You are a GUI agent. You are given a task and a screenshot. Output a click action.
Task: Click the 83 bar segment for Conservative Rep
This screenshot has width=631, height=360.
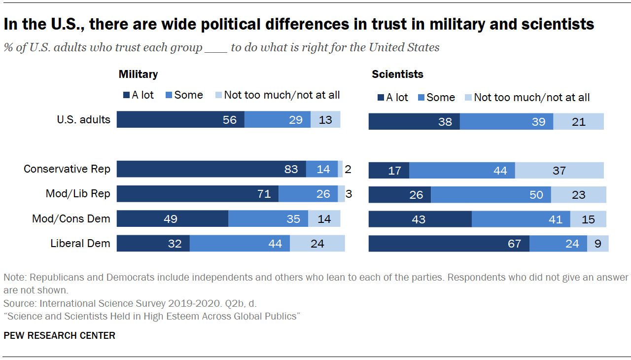click(x=211, y=169)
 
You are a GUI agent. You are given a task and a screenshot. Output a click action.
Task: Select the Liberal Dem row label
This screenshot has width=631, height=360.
click(x=80, y=243)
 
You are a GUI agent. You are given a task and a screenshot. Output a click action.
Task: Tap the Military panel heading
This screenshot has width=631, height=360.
click(x=138, y=74)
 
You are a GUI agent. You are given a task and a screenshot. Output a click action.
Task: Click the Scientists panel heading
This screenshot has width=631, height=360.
click(x=397, y=74)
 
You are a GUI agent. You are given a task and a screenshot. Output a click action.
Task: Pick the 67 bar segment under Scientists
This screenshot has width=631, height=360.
click(x=449, y=244)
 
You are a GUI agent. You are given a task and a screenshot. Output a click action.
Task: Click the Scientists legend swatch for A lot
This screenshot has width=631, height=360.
click(x=380, y=98)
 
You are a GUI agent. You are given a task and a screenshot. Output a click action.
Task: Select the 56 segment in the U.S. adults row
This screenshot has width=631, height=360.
click(x=180, y=120)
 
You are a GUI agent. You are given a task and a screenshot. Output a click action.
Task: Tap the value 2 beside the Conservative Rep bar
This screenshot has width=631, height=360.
click(x=348, y=169)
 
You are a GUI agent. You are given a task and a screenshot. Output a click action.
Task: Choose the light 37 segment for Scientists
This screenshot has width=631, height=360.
click(x=559, y=171)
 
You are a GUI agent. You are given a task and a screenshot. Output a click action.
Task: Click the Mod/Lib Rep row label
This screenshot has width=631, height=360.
click(x=78, y=194)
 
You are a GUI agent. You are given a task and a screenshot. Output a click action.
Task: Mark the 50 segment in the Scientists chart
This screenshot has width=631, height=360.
click(x=491, y=195)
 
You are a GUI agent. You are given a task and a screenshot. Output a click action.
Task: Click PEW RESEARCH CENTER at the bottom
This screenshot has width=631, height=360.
click(x=59, y=336)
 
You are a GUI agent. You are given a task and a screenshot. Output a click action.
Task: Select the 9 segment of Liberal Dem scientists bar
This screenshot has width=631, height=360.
click(x=597, y=244)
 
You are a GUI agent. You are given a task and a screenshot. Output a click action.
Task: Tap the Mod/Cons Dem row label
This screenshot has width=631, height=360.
click(x=71, y=218)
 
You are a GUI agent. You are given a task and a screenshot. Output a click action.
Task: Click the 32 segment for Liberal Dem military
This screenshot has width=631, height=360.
click(x=153, y=244)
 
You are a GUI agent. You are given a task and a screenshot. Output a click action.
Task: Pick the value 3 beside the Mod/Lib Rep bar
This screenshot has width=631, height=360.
click(x=349, y=194)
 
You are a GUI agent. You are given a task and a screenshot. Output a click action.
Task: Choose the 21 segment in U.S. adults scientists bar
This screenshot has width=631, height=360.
click(x=578, y=122)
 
